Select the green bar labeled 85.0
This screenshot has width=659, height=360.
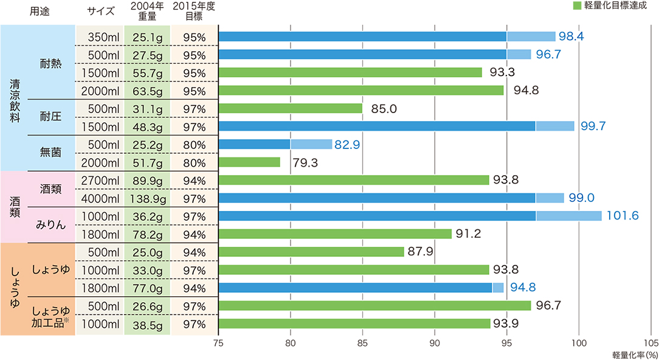pos(290,108)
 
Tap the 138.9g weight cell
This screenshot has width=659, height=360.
pos(147,198)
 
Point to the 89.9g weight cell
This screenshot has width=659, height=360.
pos(147,180)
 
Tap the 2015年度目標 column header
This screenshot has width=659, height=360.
pos(194,11)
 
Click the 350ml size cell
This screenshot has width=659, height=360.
pos(100,36)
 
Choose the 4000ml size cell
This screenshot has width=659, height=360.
pos(100,198)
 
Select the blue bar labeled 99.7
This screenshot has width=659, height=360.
pos(396,126)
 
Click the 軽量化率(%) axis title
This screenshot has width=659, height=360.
pos(635,354)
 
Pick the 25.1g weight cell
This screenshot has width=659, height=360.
pos(147,36)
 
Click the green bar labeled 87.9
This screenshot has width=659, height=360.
pos(311,252)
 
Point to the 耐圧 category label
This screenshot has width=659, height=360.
pos(50,117)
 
